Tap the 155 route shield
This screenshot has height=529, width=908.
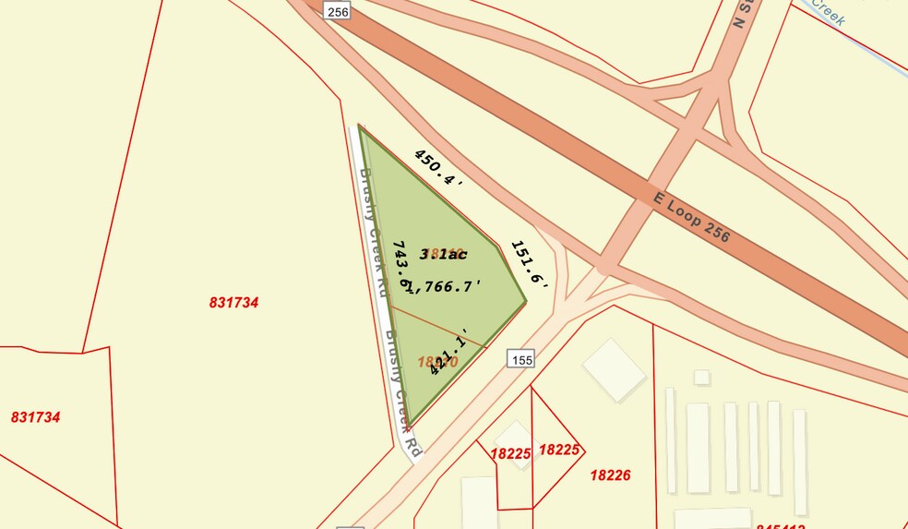click(x=520, y=358)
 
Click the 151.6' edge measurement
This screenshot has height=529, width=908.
click(x=530, y=267)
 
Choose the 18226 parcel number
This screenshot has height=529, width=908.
click(x=610, y=475)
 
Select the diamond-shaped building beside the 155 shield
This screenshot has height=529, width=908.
click(x=614, y=369)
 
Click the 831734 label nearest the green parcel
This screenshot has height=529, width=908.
click(x=233, y=302)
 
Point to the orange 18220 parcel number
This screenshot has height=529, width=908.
click(x=437, y=362)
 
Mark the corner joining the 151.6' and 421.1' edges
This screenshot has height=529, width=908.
click(x=527, y=301)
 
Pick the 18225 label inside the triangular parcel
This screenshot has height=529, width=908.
click(x=557, y=450)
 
